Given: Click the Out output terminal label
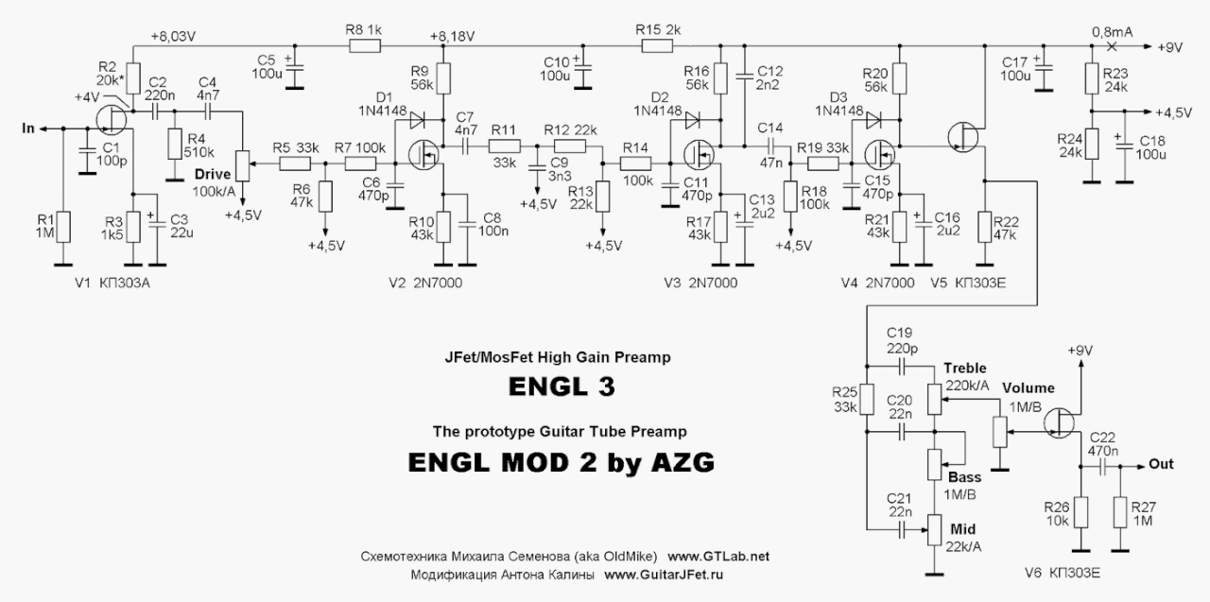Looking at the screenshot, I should click(1161, 465).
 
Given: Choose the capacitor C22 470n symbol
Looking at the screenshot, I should click(1103, 465).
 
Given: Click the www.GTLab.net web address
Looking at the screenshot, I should click(719, 558).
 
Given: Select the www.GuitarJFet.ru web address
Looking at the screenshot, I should click(669, 575).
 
